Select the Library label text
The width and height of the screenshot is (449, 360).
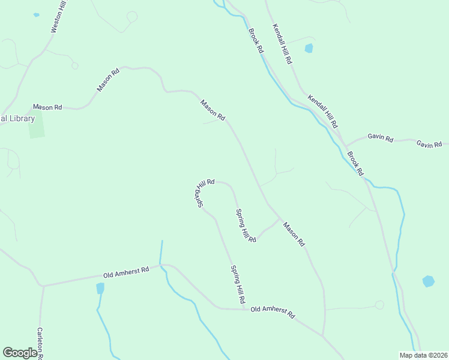(x=17, y=118)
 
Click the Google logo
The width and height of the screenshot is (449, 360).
(x=20, y=353)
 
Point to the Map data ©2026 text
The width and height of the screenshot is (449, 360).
(x=423, y=355)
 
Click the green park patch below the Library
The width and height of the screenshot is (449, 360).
(x=36, y=124)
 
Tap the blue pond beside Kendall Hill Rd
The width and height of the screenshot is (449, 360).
(x=309, y=49)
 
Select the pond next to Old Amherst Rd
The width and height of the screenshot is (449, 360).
(x=100, y=288)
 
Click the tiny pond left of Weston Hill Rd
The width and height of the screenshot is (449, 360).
(x=36, y=14)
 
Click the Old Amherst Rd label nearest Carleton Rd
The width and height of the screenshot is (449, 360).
(x=126, y=273)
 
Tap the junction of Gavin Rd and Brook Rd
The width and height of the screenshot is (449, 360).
(x=345, y=146)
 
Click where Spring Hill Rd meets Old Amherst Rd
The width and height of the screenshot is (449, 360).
(x=246, y=310)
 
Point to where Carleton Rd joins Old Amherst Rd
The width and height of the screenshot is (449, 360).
(x=43, y=286)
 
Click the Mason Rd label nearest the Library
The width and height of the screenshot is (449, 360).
(x=47, y=107)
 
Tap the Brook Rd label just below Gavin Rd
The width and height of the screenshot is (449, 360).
(x=355, y=163)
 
